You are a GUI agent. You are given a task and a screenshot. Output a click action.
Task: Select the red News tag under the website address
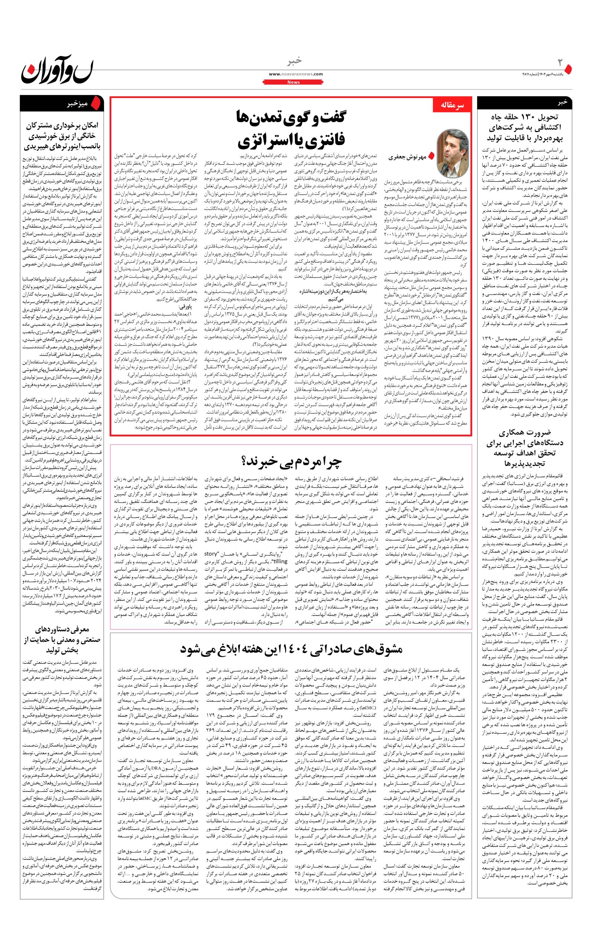coord(294,82)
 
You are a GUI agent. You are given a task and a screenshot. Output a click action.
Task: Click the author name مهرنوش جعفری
coord(407,157)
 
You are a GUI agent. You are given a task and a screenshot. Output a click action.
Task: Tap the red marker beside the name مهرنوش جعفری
coord(431,156)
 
